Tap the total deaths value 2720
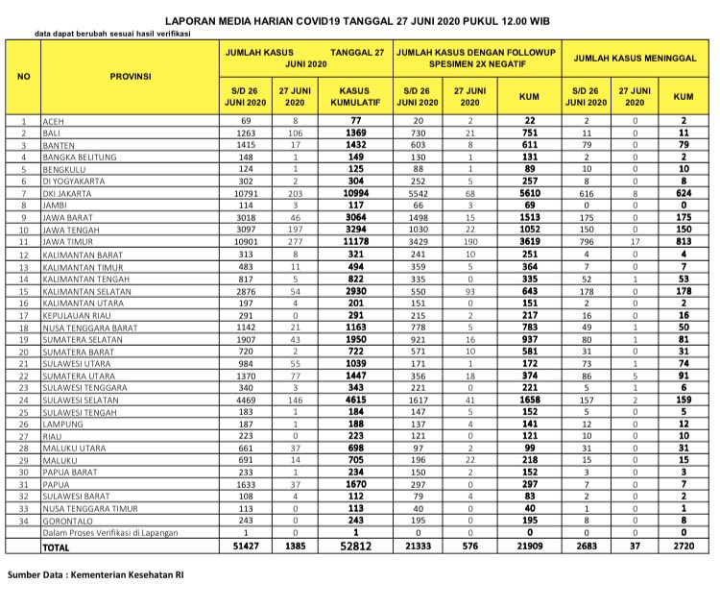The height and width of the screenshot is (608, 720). [x=684, y=546]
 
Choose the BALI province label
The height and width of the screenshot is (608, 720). [x=54, y=134]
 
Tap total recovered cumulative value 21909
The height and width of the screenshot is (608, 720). [x=528, y=546]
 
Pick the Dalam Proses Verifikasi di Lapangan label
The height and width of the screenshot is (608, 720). [x=117, y=533]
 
